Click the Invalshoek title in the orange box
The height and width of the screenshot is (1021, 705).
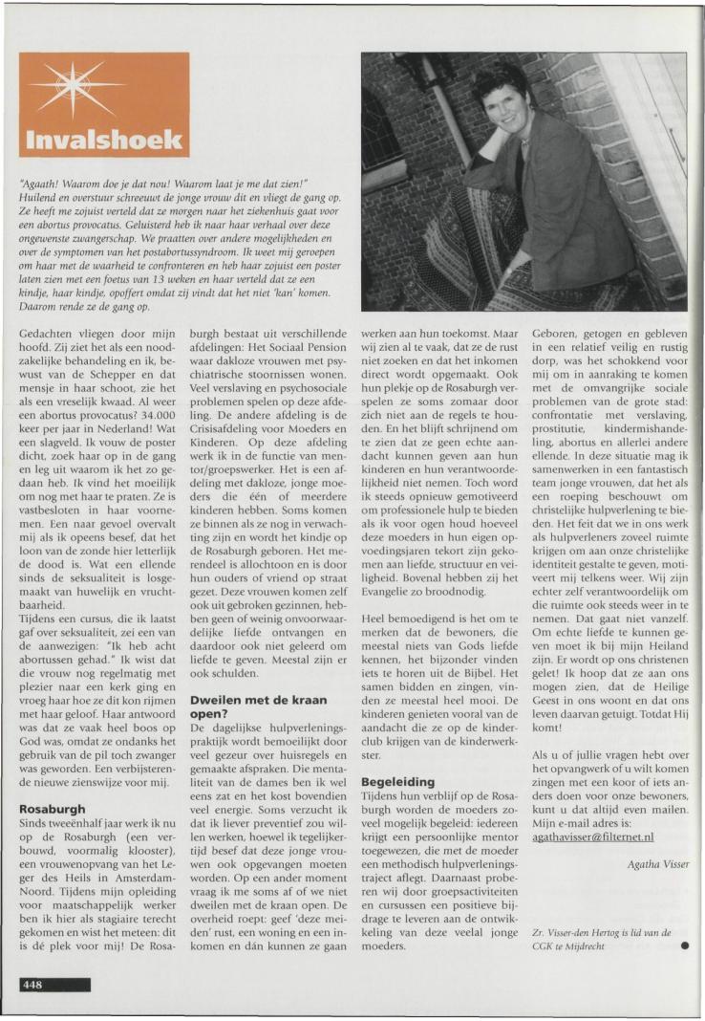(x=104, y=138)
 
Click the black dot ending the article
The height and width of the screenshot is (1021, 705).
(x=684, y=947)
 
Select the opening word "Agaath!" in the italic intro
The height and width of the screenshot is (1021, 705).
(x=42, y=183)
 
